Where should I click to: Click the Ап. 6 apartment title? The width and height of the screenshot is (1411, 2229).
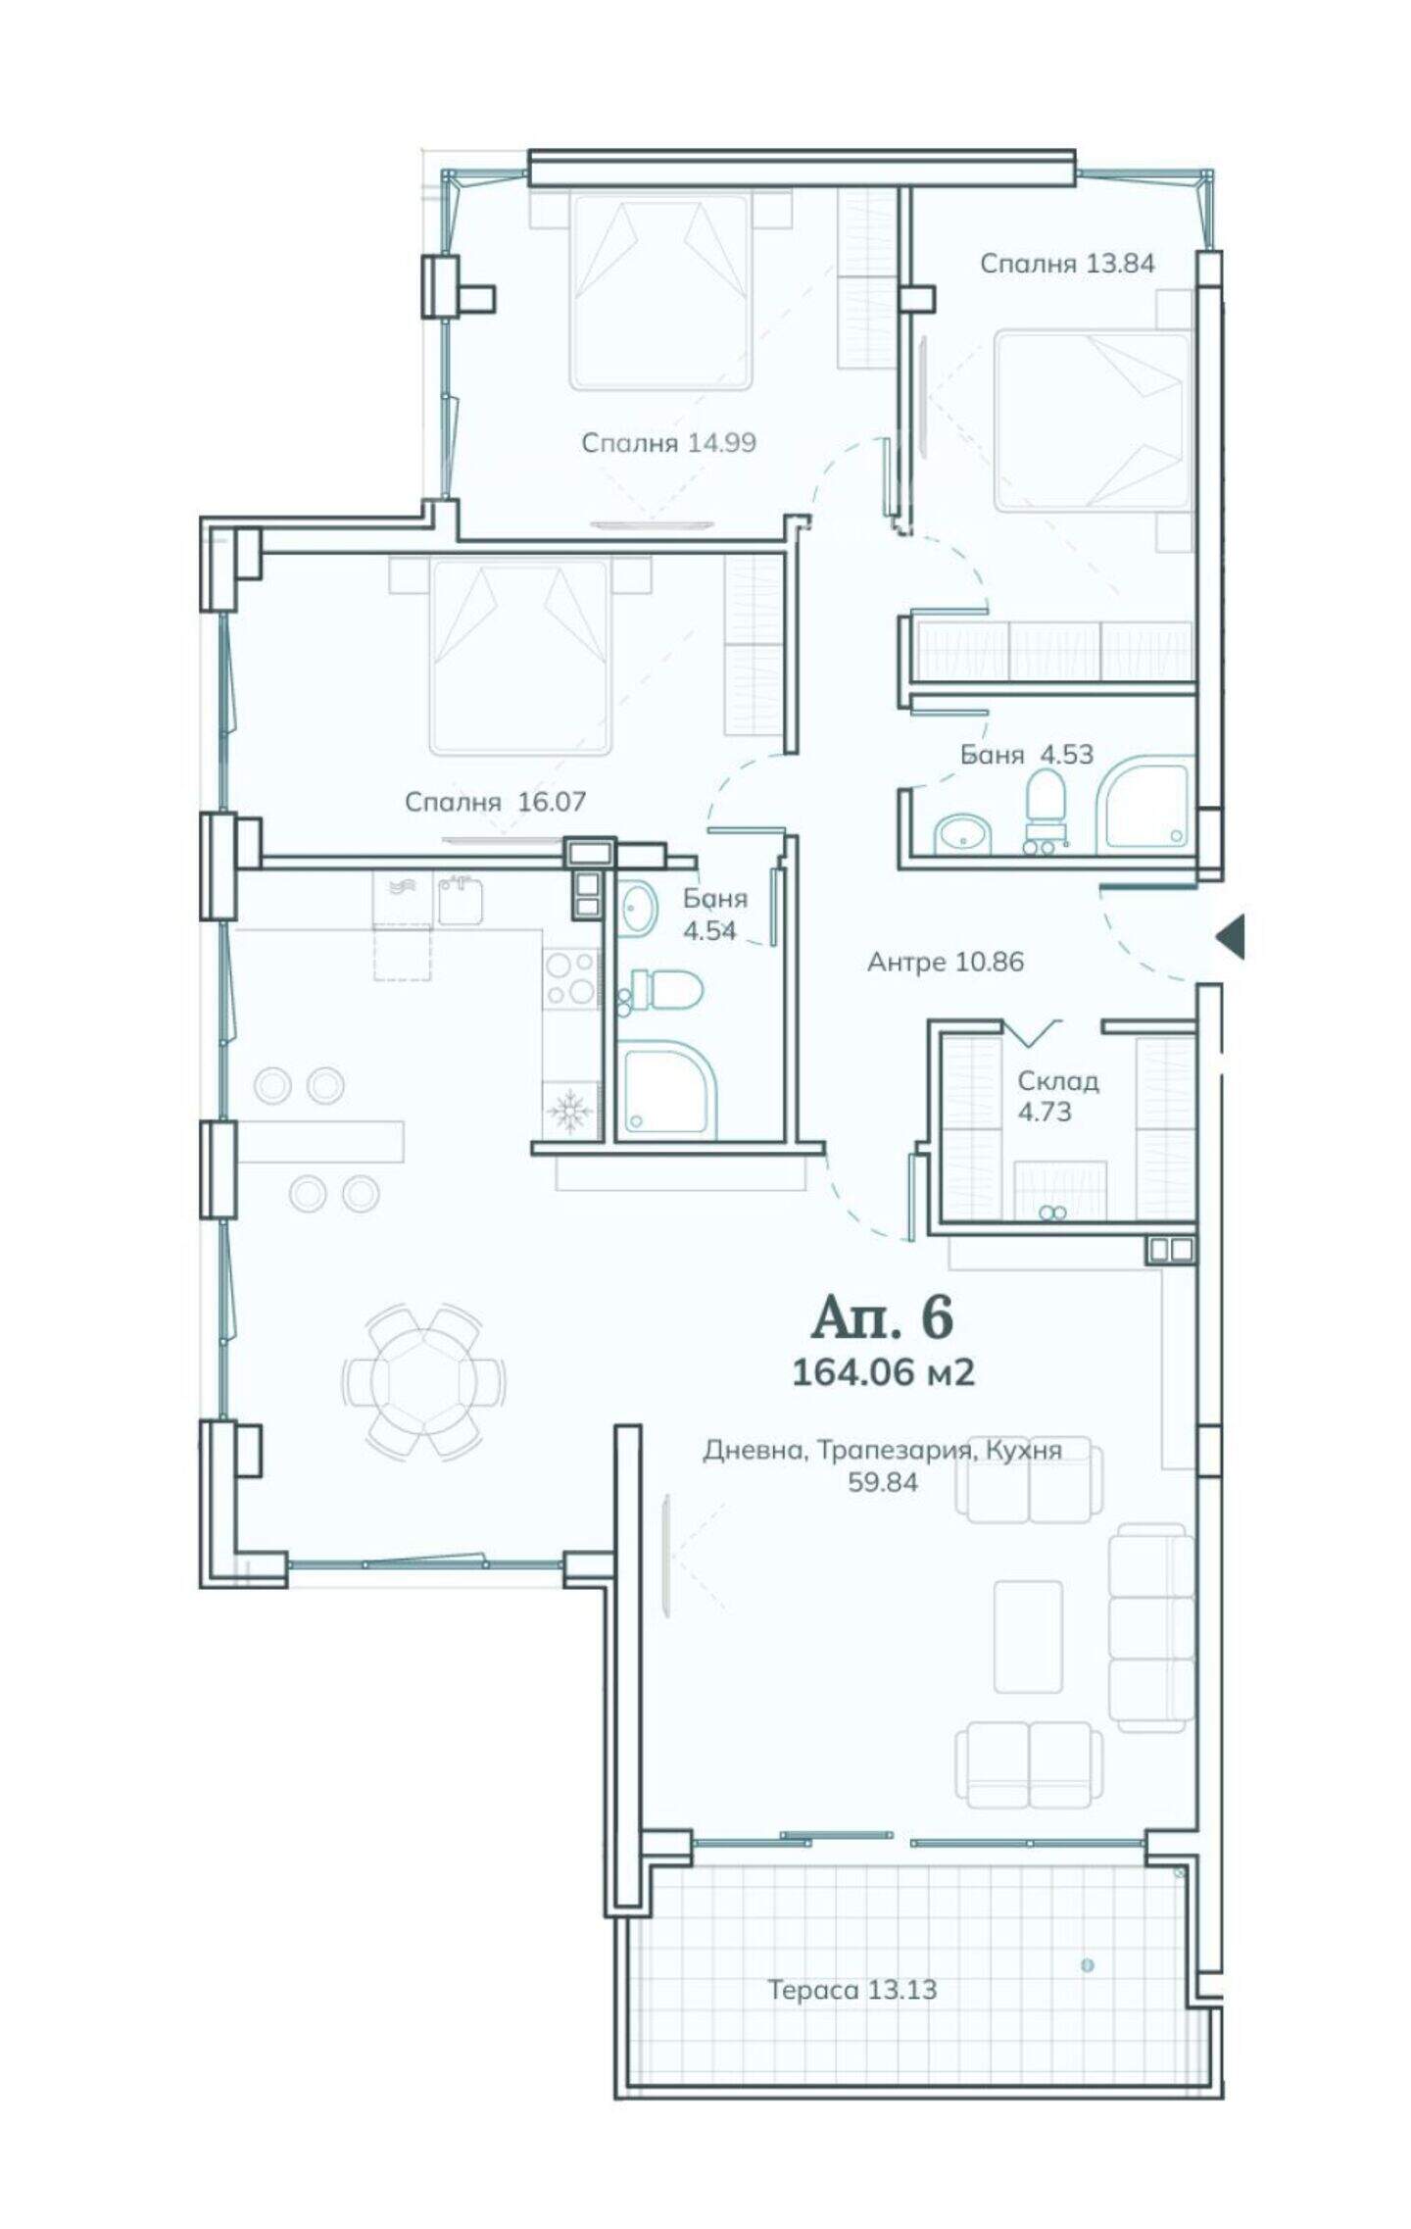click(x=882, y=1317)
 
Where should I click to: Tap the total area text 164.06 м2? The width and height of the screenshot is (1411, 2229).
click(x=883, y=1372)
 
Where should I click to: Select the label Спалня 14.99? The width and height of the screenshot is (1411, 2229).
click(x=668, y=443)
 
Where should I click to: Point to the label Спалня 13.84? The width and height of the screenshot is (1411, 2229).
click(x=1067, y=264)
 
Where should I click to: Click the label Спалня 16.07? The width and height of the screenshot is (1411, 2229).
click(x=495, y=802)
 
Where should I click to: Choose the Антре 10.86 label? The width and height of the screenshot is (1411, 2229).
click(x=946, y=962)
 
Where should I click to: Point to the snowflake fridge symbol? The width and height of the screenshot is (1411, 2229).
click(x=569, y=1110)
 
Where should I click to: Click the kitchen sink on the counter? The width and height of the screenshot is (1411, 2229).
click(x=460, y=900)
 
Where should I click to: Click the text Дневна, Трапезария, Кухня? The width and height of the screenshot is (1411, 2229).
click(x=882, y=1450)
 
